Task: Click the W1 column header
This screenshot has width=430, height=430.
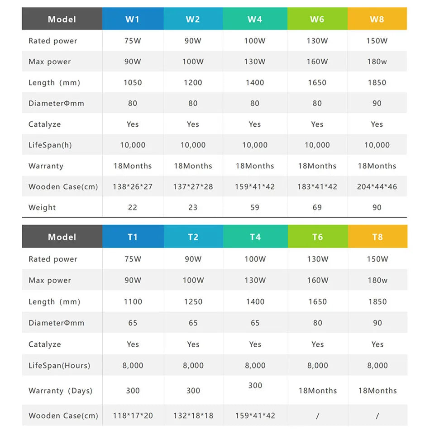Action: click(133, 19)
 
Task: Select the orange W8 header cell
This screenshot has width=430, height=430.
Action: click(377, 19)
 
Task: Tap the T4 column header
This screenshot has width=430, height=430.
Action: click(255, 237)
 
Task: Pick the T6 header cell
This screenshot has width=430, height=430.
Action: click(317, 237)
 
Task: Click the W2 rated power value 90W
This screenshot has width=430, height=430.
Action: click(193, 41)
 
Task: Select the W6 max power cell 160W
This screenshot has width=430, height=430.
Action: click(317, 62)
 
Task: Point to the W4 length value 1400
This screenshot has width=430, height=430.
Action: click(255, 82)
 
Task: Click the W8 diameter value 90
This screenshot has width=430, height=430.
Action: click(377, 103)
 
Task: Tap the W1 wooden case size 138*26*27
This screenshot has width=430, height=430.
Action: click(133, 186)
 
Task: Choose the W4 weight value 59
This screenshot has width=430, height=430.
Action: click(255, 207)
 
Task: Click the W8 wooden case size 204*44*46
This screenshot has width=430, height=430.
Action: click(377, 186)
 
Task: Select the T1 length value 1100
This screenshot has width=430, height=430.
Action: click(133, 301)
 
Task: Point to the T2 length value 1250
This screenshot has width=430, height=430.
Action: click(193, 301)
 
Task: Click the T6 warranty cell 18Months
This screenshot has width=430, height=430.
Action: click(317, 391)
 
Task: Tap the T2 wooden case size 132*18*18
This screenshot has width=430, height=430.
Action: click(193, 416)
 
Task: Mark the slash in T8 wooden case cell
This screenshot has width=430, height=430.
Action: click(377, 416)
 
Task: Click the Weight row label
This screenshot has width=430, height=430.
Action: click(42, 207)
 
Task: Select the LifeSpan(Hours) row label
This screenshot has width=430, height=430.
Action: click(59, 365)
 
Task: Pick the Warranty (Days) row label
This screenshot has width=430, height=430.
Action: click(60, 391)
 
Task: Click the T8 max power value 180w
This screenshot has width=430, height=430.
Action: click(377, 280)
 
